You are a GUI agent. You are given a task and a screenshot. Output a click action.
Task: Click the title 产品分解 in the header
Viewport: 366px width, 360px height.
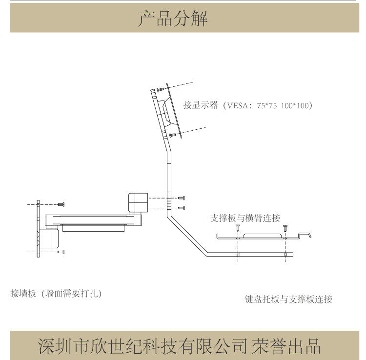(x=173, y=19)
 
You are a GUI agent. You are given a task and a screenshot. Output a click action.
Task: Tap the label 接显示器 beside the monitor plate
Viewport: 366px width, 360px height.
(x=201, y=105)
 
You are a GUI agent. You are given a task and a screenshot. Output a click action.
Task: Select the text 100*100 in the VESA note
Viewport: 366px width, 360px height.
(x=296, y=105)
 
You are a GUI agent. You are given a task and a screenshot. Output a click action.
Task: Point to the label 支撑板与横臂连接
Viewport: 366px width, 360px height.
(x=245, y=218)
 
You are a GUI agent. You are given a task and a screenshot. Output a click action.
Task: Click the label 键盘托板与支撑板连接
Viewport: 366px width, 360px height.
(x=288, y=299)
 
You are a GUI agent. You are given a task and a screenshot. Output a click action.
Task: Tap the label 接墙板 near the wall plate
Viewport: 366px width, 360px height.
(x=23, y=294)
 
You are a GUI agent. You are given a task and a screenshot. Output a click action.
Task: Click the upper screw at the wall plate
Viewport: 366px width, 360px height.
(x=61, y=203)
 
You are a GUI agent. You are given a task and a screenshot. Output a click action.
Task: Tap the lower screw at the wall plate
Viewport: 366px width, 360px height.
(x=61, y=252)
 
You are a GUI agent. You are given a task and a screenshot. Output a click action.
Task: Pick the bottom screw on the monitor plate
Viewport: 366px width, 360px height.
(x=172, y=135)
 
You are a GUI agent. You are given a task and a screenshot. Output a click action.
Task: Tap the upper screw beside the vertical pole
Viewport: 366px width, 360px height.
(x=182, y=198)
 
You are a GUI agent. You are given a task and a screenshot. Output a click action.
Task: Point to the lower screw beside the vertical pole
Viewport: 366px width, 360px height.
(x=182, y=208)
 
